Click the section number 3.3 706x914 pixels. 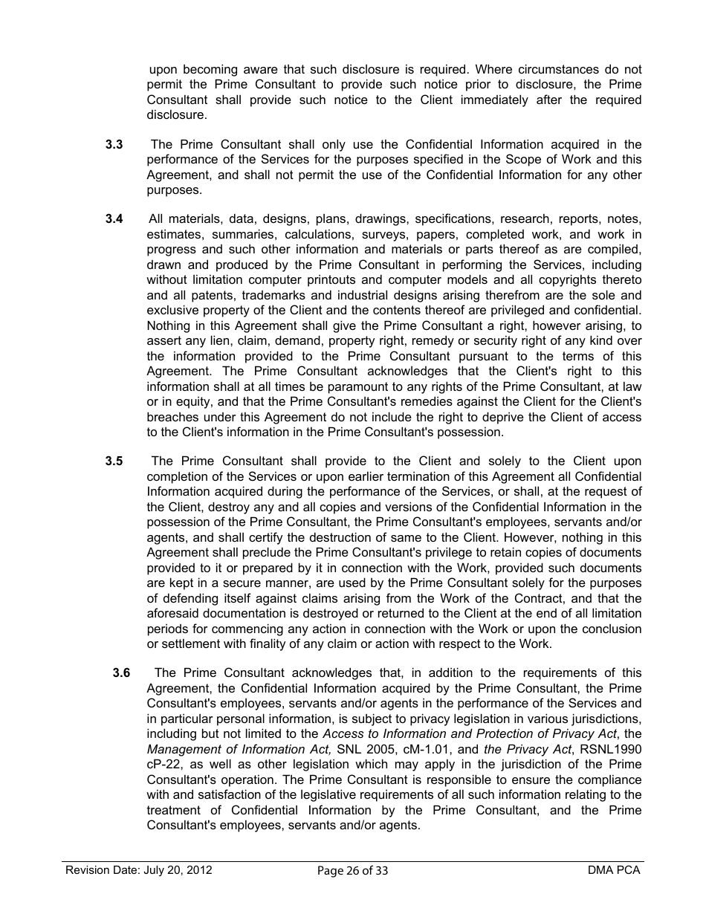point(114,144)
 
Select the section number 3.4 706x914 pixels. point(114,219)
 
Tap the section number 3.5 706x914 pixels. point(114,461)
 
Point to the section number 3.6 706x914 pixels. point(121,673)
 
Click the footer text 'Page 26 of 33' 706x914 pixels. point(352,871)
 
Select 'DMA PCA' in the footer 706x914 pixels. point(612,870)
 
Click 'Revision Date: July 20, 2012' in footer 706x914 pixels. point(139,870)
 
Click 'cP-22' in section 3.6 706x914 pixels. point(164,765)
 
